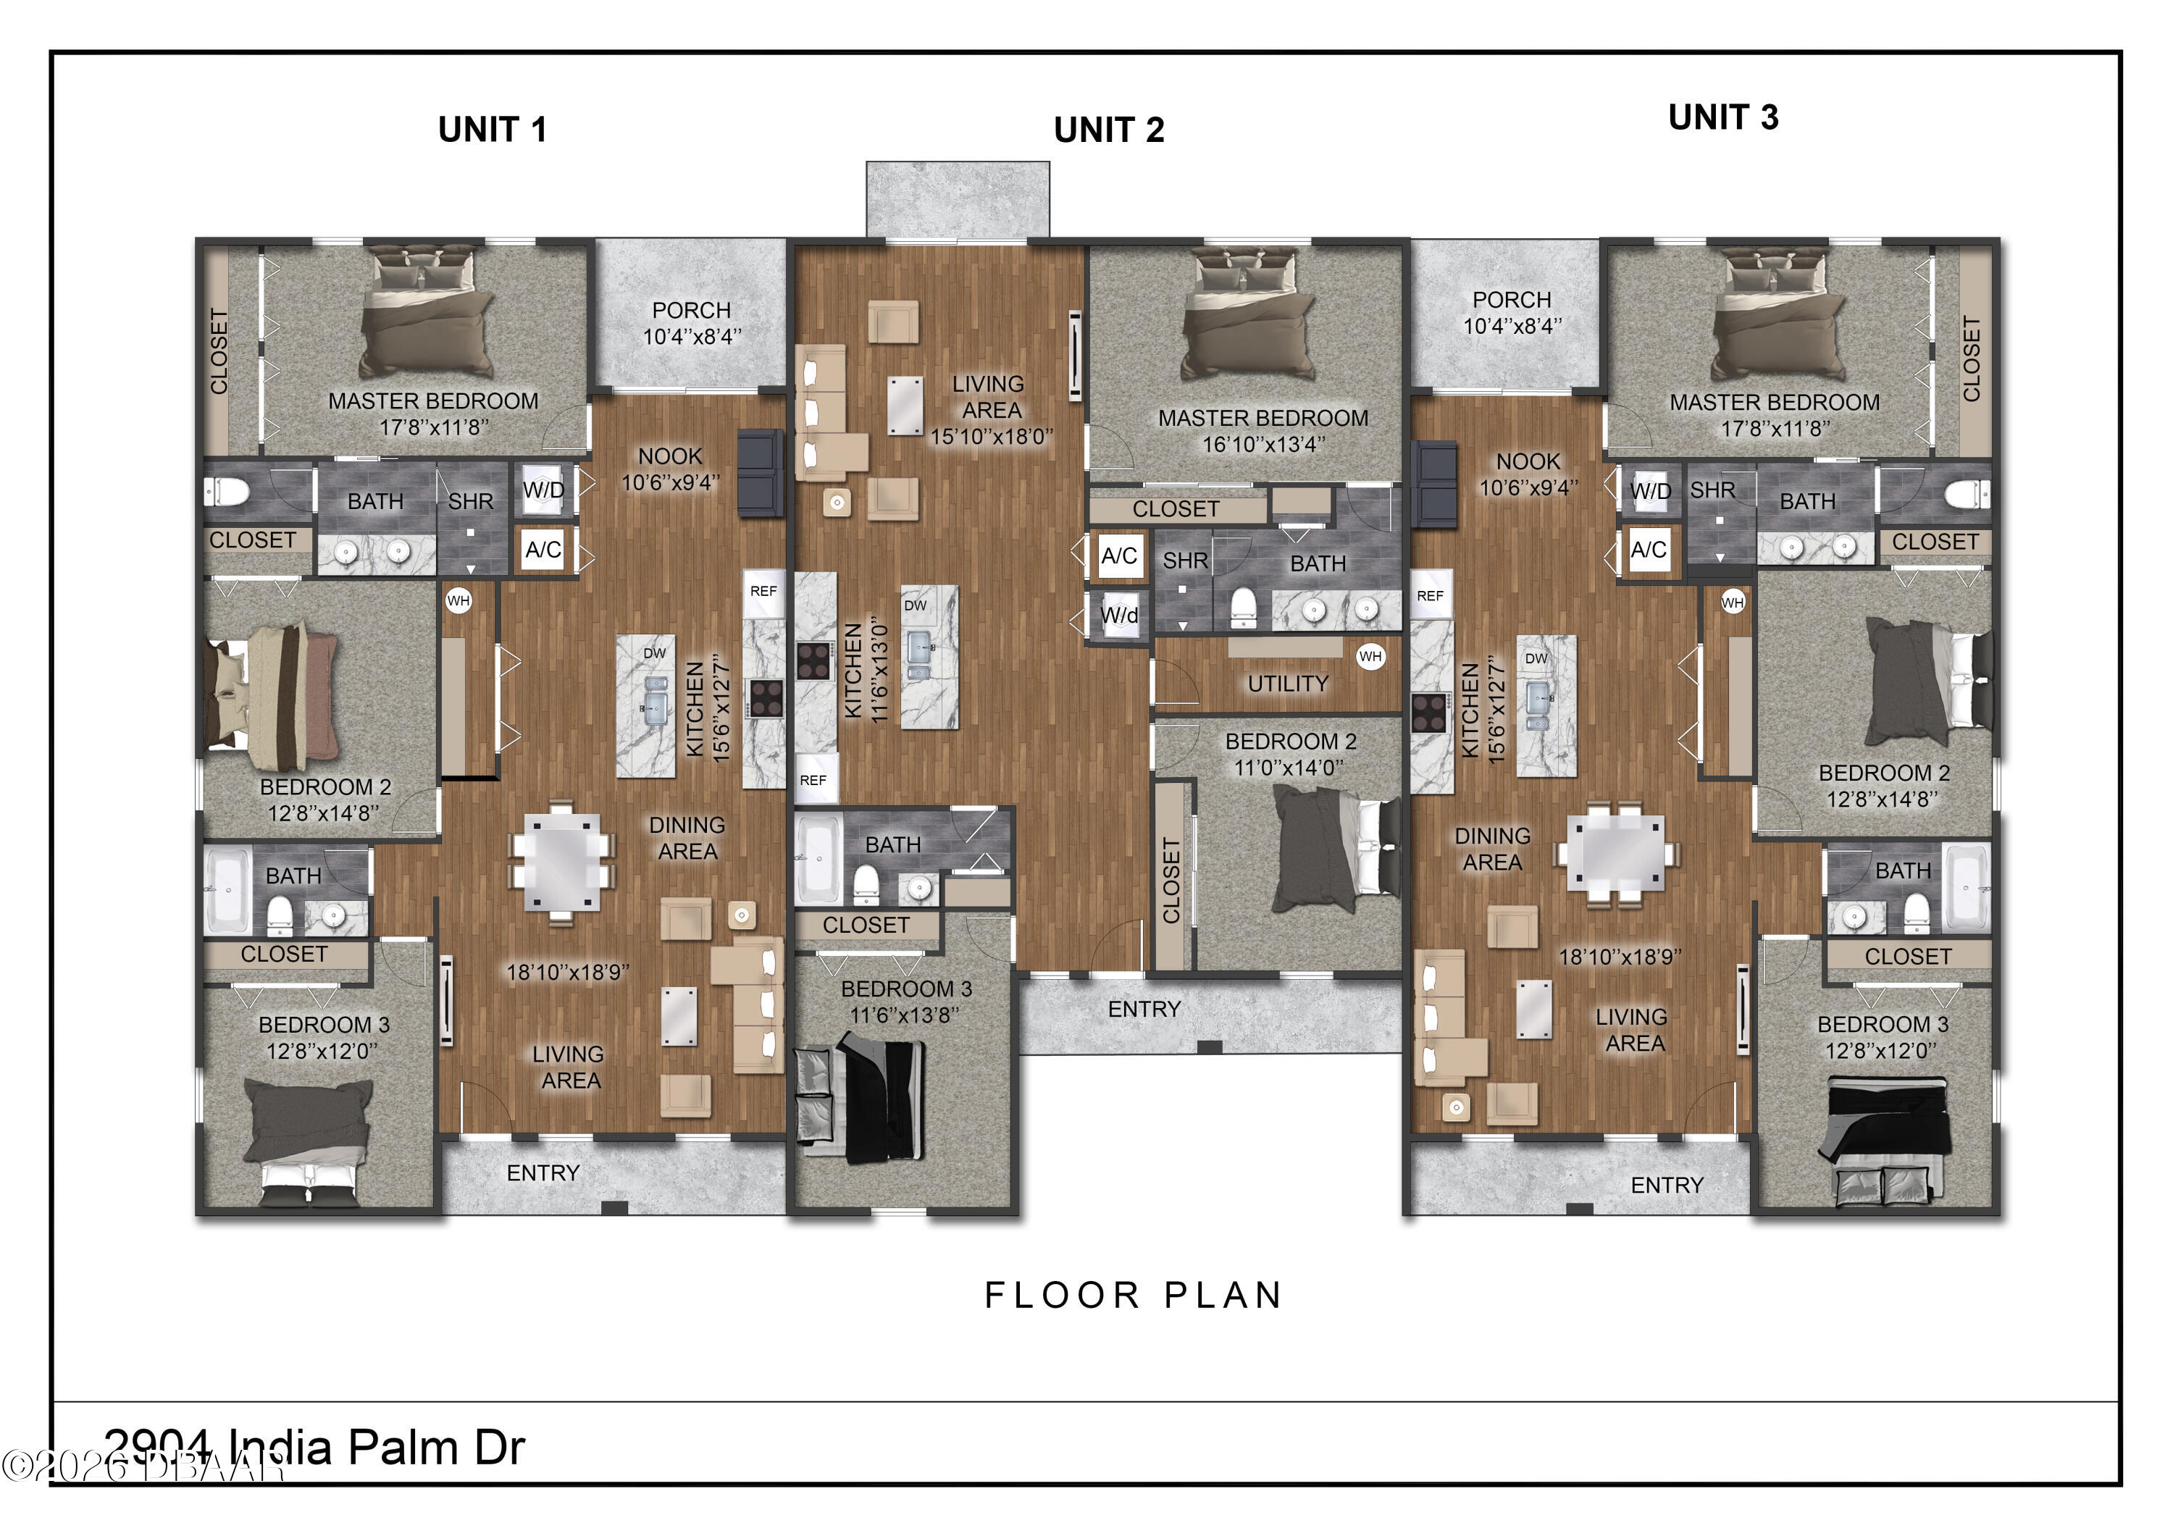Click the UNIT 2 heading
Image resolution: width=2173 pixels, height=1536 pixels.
tap(1108, 130)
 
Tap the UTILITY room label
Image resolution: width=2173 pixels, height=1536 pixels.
tap(1287, 684)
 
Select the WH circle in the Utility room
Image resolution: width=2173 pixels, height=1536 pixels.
tap(1370, 656)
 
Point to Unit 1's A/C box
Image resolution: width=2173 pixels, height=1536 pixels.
tap(543, 550)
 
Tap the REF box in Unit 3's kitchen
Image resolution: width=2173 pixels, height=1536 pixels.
tap(1430, 595)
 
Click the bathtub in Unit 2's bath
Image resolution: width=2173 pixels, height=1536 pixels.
tap(818, 860)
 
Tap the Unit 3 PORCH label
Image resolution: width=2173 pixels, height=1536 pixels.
tap(1512, 300)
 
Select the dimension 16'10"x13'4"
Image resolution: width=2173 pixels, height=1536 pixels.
tap(1263, 444)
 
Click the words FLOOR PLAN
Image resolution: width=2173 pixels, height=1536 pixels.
tap(1133, 1295)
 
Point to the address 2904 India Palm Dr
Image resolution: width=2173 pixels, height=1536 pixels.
tap(313, 1447)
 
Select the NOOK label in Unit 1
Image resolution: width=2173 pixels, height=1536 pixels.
tap(669, 456)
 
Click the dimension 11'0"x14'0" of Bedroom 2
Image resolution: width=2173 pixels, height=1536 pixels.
tap(1289, 768)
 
